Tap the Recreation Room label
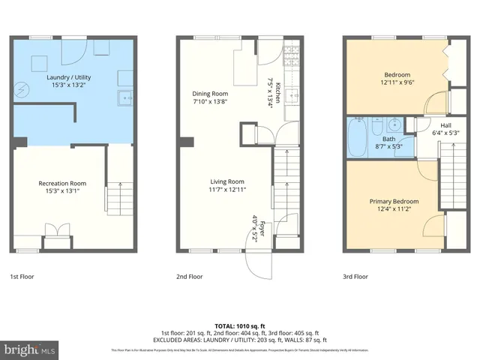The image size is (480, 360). click(62, 183)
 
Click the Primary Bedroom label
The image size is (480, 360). click(394, 201)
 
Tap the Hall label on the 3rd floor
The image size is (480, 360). click(445, 125)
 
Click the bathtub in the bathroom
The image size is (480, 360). click(356, 139)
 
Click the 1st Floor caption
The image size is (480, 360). click(22, 277)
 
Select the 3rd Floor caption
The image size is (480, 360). click(357, 277)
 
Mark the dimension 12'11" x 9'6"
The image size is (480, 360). click(397, 83)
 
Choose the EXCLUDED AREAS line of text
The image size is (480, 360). click(239, 340)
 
